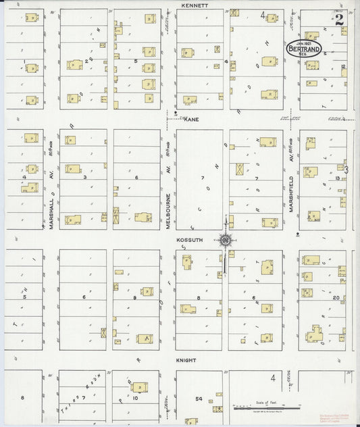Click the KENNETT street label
tap(194, 5)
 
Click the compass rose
tap(226, 240)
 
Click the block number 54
tap(199, 399)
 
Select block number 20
tap(336, 297)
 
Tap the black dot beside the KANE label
tap(176, 113)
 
